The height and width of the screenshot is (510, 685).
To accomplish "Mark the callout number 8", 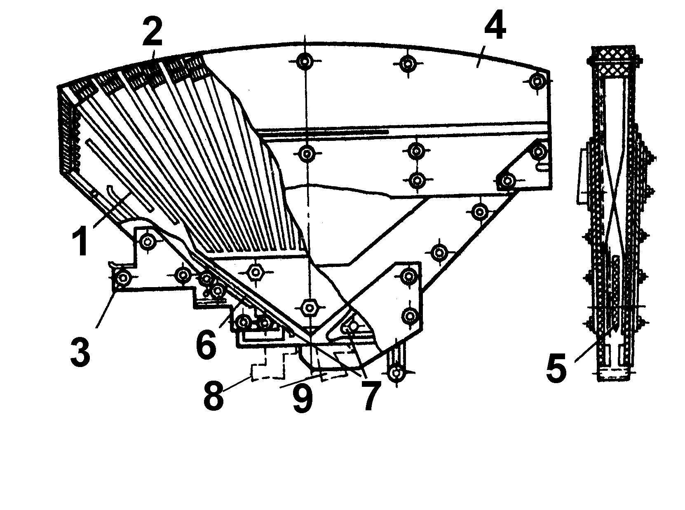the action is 213,395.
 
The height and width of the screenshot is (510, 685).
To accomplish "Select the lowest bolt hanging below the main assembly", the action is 395,373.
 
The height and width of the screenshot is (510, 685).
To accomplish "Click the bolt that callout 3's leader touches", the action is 123,278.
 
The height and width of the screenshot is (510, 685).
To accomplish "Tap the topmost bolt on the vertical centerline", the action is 305,61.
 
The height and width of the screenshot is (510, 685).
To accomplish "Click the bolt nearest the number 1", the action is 148,241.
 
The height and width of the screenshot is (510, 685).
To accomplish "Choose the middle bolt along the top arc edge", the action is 408,63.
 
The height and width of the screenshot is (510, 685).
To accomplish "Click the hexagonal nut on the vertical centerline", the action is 309,307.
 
